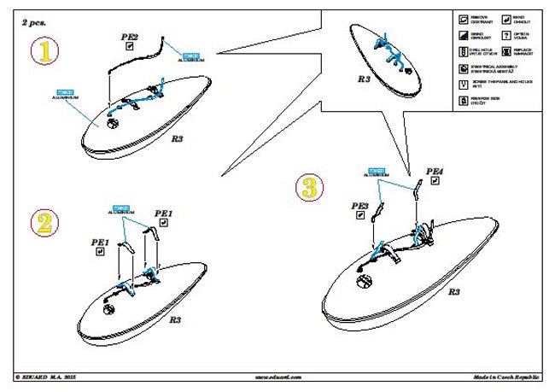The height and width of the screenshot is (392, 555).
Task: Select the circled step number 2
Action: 44,223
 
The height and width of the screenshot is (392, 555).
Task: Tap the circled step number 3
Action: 310,187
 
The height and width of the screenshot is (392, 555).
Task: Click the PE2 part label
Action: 130,37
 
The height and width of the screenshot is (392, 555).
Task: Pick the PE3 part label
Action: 359,206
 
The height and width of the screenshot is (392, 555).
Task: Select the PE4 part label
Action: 435,173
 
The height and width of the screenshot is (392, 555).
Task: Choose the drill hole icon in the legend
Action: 464,51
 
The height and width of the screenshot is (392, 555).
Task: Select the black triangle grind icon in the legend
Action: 464,34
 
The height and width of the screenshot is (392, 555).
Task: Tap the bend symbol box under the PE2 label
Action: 129,48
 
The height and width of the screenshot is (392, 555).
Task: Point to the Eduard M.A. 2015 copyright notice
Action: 51,376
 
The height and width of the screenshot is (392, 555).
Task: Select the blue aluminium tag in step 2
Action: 120,208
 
